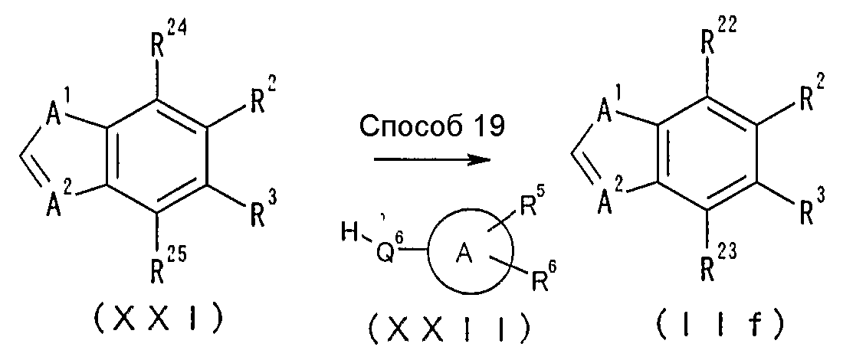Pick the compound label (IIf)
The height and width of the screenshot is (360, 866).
(x=720, y=326)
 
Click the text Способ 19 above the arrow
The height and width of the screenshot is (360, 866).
(x=432, y=127)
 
